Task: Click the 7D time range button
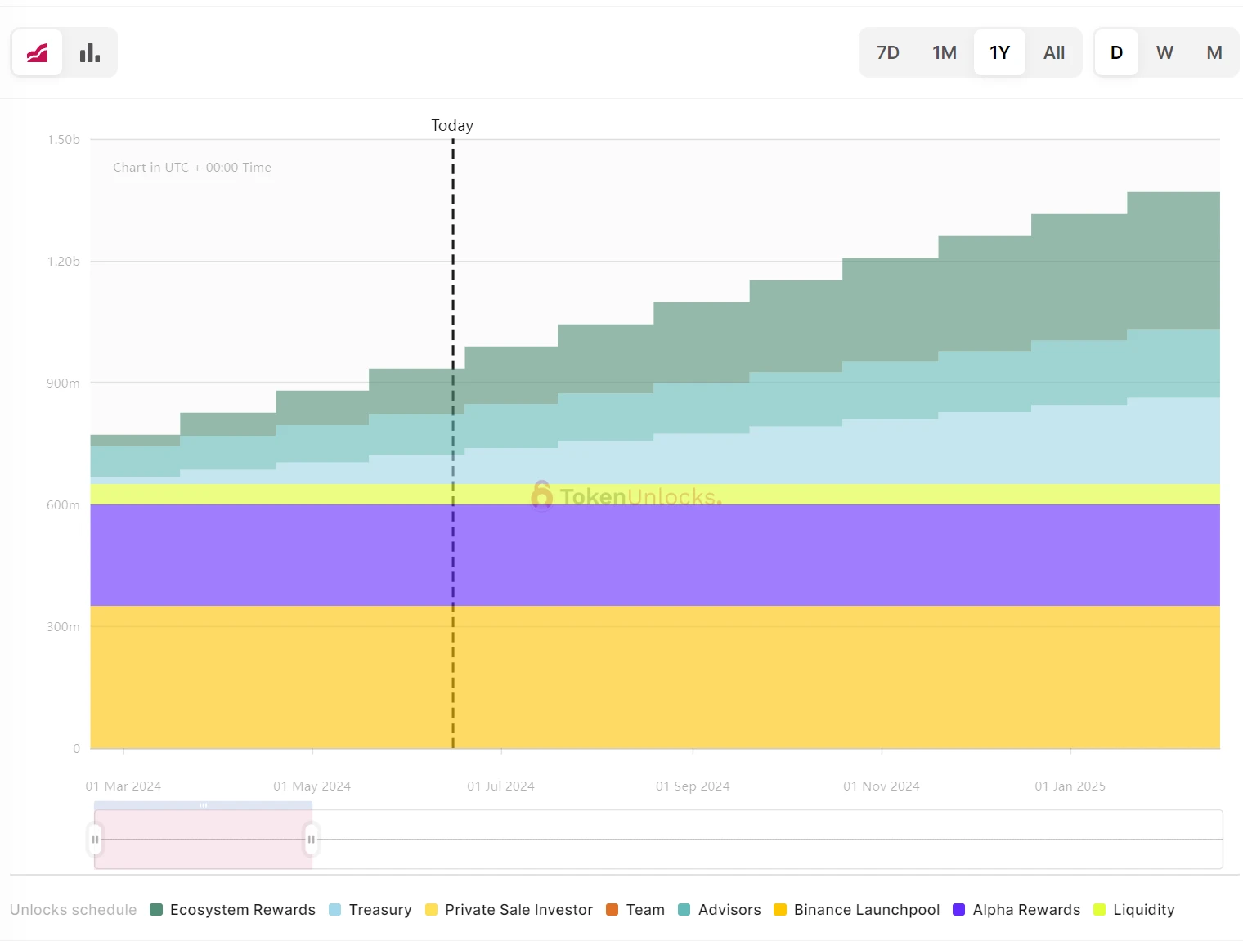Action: [x=887, y=53]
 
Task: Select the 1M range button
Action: [x=945, y=53]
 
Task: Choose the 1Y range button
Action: [x=999, y=53]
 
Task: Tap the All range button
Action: [x=1054, y=53]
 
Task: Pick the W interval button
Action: [x=1164, y=53]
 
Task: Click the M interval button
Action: [x=1214, y=53]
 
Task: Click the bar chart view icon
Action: [x=90, y=53]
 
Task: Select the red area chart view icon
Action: [x=38, y=53]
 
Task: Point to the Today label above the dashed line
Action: [x=452, y=125]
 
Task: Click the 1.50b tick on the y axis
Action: [x=63, y=140]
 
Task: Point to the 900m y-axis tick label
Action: [x=63, y=383]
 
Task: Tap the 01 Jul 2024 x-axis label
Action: [x=500, y=786]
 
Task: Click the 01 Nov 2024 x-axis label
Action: [x=881, y=786]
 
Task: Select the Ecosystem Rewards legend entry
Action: [x=233, y=910]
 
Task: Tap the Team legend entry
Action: [x=635, y=910]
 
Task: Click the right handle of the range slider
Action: [x=311, y=840]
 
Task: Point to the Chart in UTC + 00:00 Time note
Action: [x=192, y=168]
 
